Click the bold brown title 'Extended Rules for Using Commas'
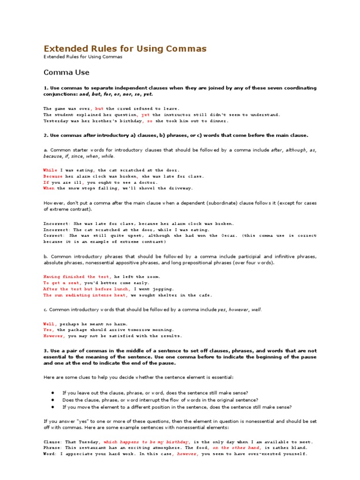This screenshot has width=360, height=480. tap(125, 49)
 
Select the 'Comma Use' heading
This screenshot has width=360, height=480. tap(66, 73)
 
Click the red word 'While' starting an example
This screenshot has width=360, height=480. tap(51, 170)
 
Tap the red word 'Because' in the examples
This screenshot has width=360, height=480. tap(53, 176)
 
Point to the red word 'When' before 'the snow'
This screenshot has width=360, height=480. tap(49, 188)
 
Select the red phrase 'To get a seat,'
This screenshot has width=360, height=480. tap(62, 283)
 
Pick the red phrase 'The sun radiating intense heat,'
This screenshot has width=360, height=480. tap(86, 295)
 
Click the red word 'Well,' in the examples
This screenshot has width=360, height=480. tap(50, 324)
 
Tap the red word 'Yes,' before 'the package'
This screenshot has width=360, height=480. tap(49, 330)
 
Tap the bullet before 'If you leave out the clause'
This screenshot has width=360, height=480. tap(53, 392)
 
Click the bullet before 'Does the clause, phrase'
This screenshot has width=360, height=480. tap(53, 400)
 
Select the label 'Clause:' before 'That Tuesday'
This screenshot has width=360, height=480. tap(52, 442)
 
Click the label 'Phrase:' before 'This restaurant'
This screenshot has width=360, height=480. tap(52, 448)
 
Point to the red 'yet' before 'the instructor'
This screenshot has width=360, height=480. tap(145, 114)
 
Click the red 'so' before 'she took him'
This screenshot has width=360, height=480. tap(150, 120)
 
